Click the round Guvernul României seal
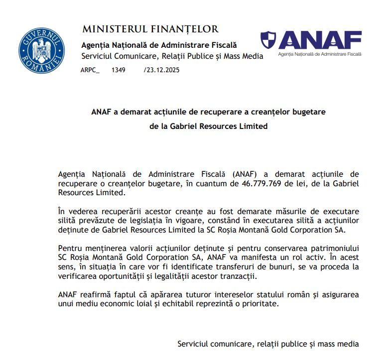pos(42,50)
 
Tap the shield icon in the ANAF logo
pos(268,39)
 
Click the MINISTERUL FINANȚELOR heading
pos(150,29)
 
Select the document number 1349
pos(119,70)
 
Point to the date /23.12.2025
pos(161,70)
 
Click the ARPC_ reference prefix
pos(90,70)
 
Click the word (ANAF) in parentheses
pos(244,174)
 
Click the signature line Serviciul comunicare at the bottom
pos(267,344)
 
